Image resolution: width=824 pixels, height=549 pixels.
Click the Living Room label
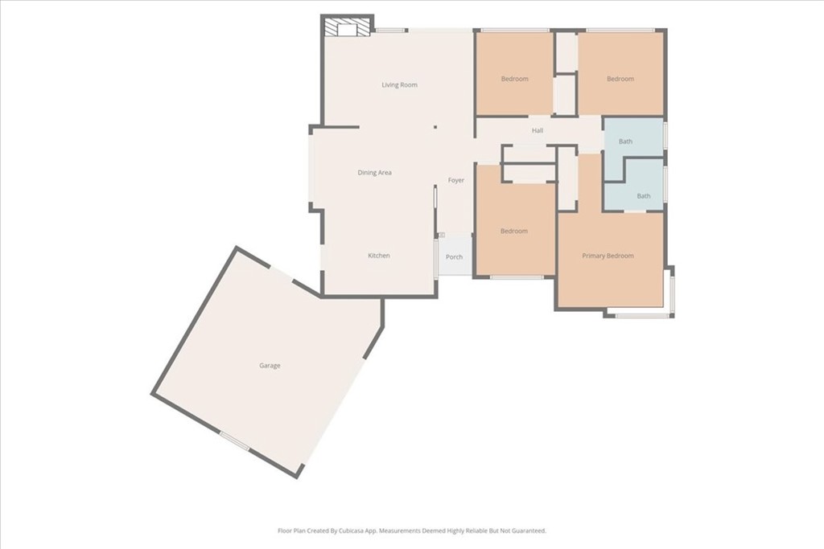tap(399, 85)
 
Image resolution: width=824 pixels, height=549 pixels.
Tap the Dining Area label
tap(374, 173)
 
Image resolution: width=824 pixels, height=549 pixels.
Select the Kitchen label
tap(378, 256)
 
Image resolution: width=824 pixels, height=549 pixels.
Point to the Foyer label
tap(455, 181)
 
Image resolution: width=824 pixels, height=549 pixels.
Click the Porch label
tap(454, 257)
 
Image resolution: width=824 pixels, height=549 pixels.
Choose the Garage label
tap(270, 366)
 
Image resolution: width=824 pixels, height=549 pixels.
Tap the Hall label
tap(537, 131)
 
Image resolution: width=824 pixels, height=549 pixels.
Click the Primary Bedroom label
tap(608, 256)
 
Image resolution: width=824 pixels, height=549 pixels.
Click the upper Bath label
tap(625, 141)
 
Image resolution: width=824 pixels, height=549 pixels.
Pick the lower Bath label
tap(643, 196)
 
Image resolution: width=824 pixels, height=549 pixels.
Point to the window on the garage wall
tap(234, 440)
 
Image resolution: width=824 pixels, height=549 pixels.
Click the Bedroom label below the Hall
tap(514, 231)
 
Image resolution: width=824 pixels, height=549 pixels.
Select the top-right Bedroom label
tap(620, 80)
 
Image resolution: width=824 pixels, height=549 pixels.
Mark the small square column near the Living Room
tap(435, 127)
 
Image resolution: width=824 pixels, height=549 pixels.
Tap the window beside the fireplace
tap(390, 31)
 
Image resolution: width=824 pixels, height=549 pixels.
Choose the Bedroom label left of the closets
tap(514, 80)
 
